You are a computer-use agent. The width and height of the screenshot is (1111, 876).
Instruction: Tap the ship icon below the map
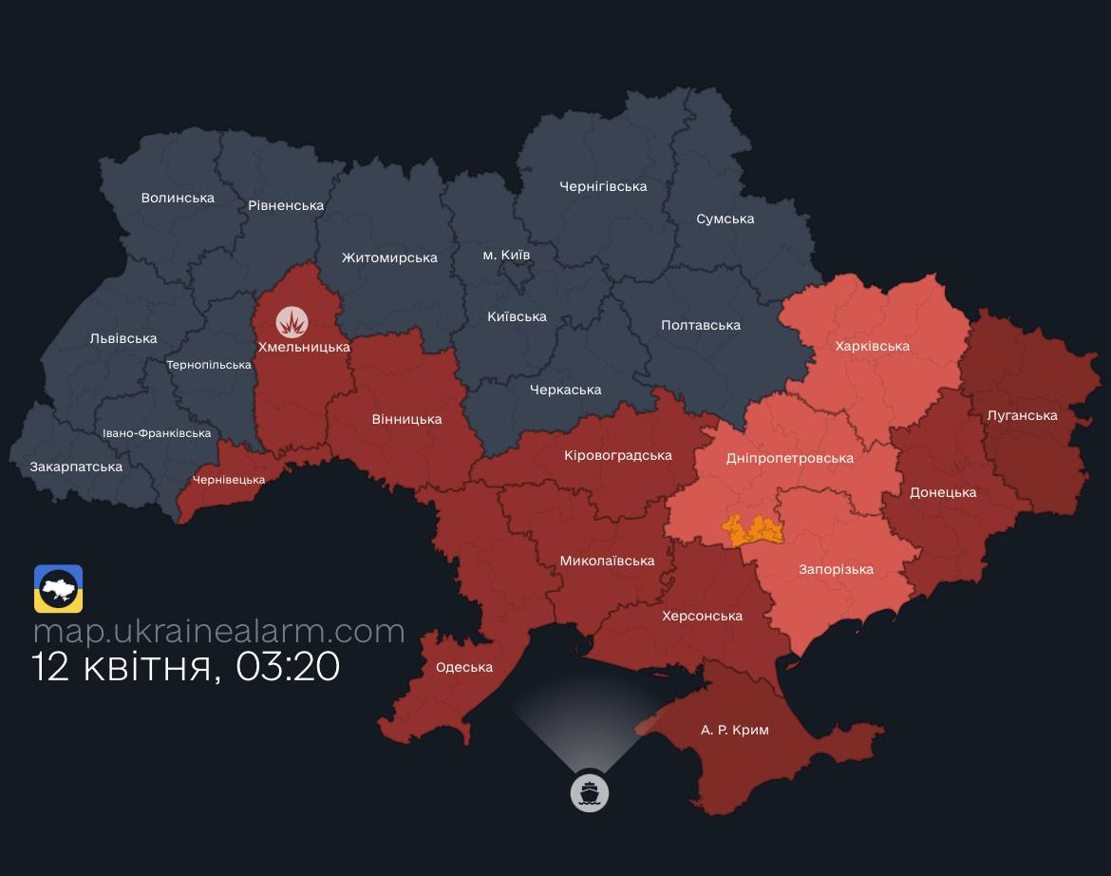tap(589, 791)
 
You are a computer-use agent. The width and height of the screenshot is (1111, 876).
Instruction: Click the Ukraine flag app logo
tap(58, 589)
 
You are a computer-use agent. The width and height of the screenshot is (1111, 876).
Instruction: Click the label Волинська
tap(178, 198)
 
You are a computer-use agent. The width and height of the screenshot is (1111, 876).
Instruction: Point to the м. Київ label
tap(506, 255)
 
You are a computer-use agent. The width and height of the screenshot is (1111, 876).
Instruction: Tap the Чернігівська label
tap(603, 186)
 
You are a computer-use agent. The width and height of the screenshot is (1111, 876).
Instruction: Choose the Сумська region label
tap(725, 219)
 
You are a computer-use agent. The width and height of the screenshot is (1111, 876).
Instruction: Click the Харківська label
tap(872, 346)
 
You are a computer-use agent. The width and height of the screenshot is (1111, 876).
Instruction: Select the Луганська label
tap(1022, 415)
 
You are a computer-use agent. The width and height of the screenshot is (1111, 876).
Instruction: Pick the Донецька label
tap(942, 492)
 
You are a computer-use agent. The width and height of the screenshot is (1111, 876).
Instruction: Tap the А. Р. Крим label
tap(734, 730)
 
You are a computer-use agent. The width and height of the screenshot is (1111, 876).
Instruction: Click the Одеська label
tap(463, 667)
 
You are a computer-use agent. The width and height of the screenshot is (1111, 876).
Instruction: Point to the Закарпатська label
tap(76, 467)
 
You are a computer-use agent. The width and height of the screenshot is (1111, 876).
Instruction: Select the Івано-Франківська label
tap(157, 433)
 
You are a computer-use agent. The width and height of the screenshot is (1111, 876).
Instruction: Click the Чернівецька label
tap(228, 480)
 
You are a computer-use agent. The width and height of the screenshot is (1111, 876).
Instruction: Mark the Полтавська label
tap(700, 325)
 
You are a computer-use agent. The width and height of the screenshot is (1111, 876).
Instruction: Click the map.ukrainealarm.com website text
tap(218, 631)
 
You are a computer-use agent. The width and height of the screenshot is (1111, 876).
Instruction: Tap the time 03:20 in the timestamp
tap(288, 667)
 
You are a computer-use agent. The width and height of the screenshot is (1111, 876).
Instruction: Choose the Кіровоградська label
tap(617, 455)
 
